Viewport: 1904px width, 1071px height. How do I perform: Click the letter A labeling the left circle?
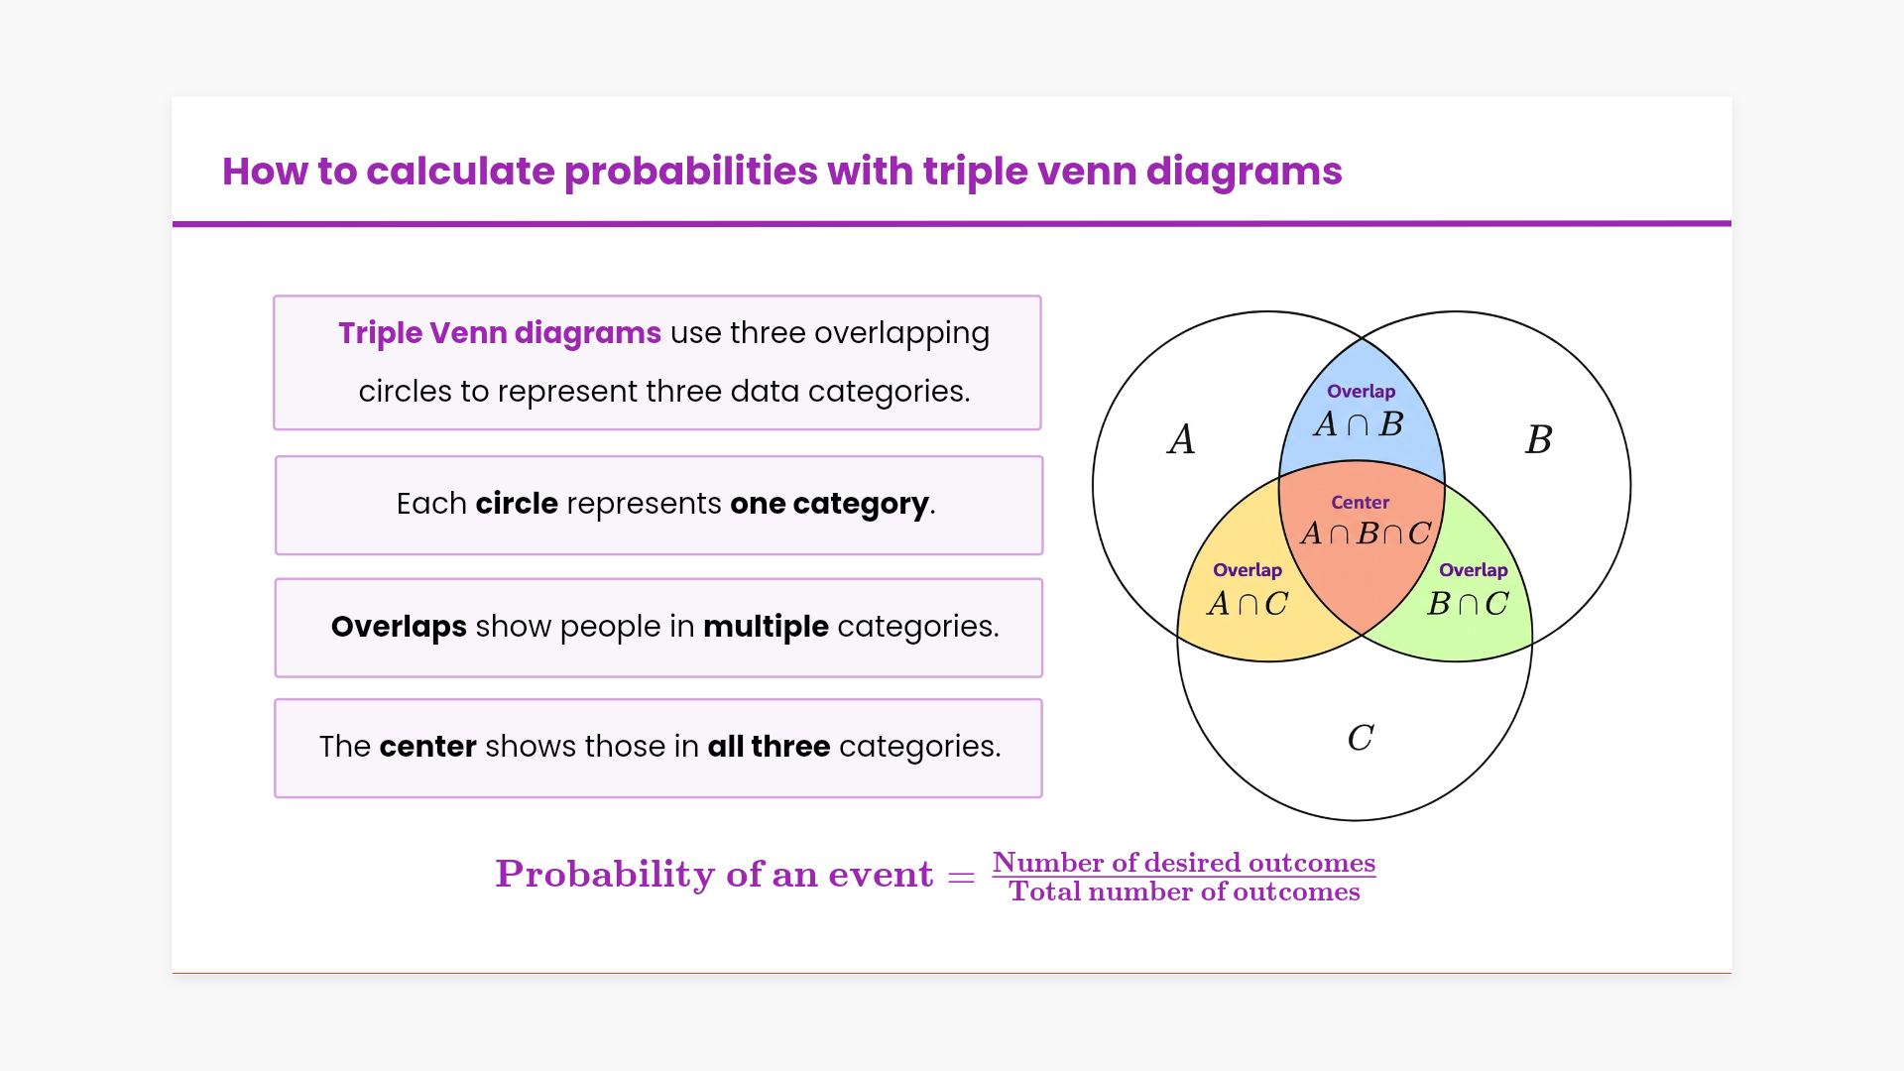point(1181,439)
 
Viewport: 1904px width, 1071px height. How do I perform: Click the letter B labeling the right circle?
point(1538,439)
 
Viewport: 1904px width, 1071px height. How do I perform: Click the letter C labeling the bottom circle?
point(1361,738)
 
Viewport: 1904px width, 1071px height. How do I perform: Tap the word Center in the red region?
point(1360,503)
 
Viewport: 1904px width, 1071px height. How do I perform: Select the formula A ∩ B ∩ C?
point(1366,534)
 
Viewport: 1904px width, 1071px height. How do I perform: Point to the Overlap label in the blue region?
point(1361,392)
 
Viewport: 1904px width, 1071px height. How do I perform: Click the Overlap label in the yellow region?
point(1248,570)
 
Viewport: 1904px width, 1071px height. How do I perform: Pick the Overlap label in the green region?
point(1474,570)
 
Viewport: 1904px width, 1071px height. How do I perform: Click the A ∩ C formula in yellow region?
point(1248,603)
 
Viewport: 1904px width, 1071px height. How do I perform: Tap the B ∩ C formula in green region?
point(1469,603)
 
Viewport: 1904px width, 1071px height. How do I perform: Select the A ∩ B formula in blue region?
point(1359,424)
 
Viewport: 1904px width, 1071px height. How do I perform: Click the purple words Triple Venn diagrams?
point(500,333)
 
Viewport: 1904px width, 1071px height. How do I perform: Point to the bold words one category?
point(829,505)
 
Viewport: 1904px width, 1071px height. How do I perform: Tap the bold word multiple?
point(766,627)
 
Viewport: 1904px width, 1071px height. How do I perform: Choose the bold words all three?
point(769,746)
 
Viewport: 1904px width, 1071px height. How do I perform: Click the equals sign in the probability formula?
point(961,878)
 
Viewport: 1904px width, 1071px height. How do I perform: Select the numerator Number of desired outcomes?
point(1184,863)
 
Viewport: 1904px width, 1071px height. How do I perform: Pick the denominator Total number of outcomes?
point(1185,892)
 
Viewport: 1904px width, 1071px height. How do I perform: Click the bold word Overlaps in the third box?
point(399,627)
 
